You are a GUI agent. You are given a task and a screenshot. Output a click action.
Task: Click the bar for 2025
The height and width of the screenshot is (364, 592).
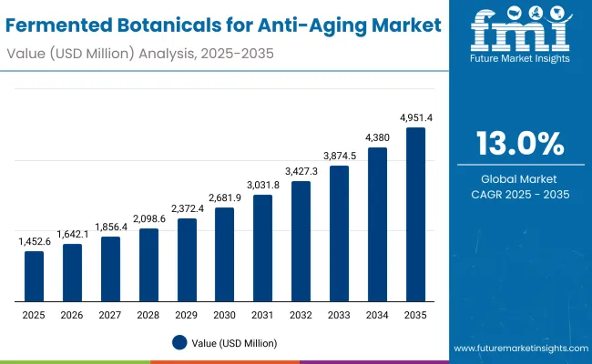(x=34, y=276)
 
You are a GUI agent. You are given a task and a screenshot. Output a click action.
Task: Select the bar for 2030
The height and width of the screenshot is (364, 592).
(x=224, y=255)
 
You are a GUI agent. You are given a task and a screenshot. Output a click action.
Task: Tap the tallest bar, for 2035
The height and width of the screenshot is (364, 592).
(x=415, y=215)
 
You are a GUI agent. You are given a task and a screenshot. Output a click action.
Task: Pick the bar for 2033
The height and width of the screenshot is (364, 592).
(x=339, y=234)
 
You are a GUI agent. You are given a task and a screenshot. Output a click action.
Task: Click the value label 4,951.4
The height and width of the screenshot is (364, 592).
(x=415, y=117)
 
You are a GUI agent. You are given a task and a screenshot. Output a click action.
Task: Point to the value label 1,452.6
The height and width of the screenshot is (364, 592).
(x=34, y=241)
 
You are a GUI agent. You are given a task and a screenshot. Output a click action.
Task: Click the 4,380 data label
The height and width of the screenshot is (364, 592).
(x=377, y=137)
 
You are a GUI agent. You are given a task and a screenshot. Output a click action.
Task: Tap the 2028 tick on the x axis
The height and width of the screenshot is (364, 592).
(x=148, y=314)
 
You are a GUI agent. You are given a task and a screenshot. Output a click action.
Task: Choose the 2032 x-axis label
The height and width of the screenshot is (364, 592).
(x=301, y=314)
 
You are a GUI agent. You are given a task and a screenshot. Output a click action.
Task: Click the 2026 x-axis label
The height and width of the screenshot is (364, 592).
(x=72, y=314)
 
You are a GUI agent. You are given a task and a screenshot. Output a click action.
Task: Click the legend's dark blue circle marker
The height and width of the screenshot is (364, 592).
(x=179, y=342)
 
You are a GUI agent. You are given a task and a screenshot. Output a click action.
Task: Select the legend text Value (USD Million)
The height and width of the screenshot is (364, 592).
(x=234, y=343)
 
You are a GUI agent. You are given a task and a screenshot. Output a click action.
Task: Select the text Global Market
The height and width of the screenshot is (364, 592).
(x=520, y=178)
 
